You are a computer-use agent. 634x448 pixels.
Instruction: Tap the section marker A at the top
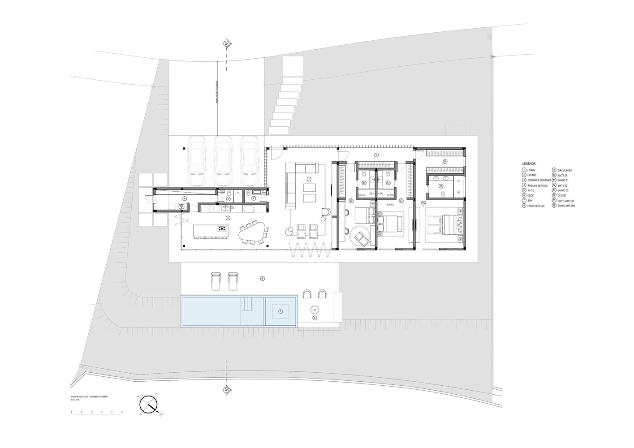(x=226, y=43)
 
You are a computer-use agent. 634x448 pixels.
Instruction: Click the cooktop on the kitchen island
(x=222, y=230)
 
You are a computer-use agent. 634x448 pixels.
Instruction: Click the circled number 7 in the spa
(x=280, y=311)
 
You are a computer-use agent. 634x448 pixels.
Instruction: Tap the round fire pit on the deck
(x=315, y=310)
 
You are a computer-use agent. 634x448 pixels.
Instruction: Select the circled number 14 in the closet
(x=444, y=161)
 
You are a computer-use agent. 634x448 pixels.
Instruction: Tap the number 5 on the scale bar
(x=122, y=412)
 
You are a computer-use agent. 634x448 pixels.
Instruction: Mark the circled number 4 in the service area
(x=184, y=198)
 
